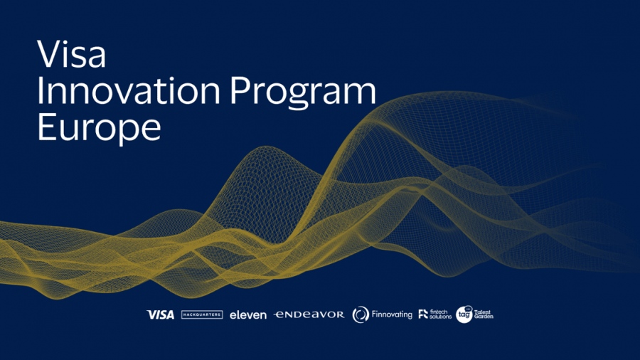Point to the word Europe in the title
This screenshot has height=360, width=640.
pyautogui.click(x=99, y=130)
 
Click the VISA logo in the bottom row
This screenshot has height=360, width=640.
pyautogui.click(x=160, y=314)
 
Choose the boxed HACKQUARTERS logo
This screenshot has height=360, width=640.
pyautogui.click(x=202, y=314)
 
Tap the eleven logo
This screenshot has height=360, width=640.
pyautogui.click(x=248, y=314)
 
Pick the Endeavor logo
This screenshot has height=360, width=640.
pyautogui.click(x=309, y=314)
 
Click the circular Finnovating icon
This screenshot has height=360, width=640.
pyautogui.click(x=361, y=314)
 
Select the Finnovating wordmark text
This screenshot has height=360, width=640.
pyautogui.click(x=392, y=314)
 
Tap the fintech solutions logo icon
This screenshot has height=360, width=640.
pyautogui.click(x=423, y=314)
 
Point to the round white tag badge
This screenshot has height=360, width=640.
pyautogui.click(x=464, y=314)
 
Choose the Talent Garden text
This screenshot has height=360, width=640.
pyautogui.click(x=484, y=314)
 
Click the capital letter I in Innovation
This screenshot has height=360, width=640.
pyautogui.click(x=41, y=92)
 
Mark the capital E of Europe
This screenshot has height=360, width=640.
pyautogui.click(x=45, y=129)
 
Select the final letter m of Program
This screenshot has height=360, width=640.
pyautogui.click(x=360, y=95)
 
